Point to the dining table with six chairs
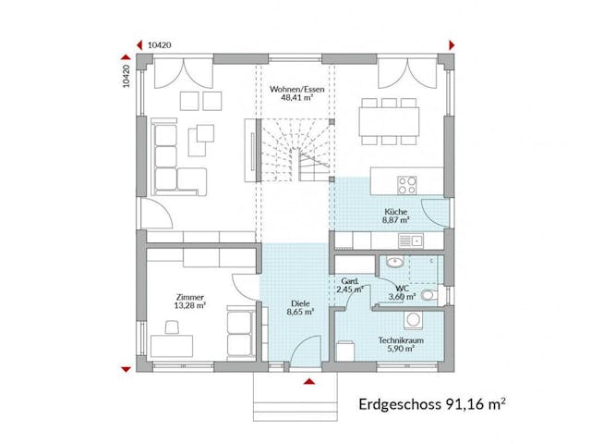pyautogui.click(x=389, y=118)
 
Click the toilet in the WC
pyautogui.click(x=428, y=296)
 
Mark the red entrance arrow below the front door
pyautogui.click(x=310, y=380)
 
